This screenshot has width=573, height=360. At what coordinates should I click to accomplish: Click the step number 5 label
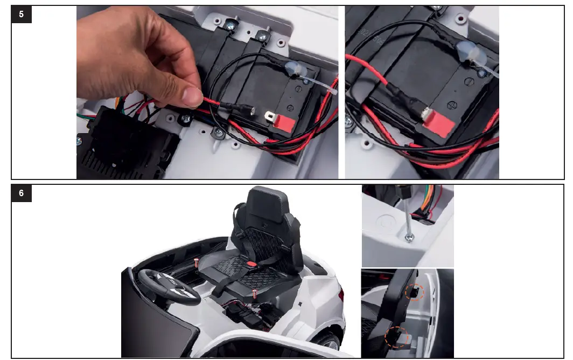pyautogui.click(x=22, y=15)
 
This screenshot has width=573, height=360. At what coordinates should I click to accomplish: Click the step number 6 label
pyautogui.click(x=22, y=193)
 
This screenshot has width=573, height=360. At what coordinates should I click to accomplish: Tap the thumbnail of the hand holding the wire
pyautogui.click(x=207, y=92)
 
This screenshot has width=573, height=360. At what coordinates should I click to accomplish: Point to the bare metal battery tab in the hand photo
pyautogui.click(x=269, y=115)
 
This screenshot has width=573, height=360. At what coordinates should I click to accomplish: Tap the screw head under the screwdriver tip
pyautogui.click(x=409, y=238)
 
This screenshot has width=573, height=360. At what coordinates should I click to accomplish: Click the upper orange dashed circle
pyautogui.click(x=415, y=292)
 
